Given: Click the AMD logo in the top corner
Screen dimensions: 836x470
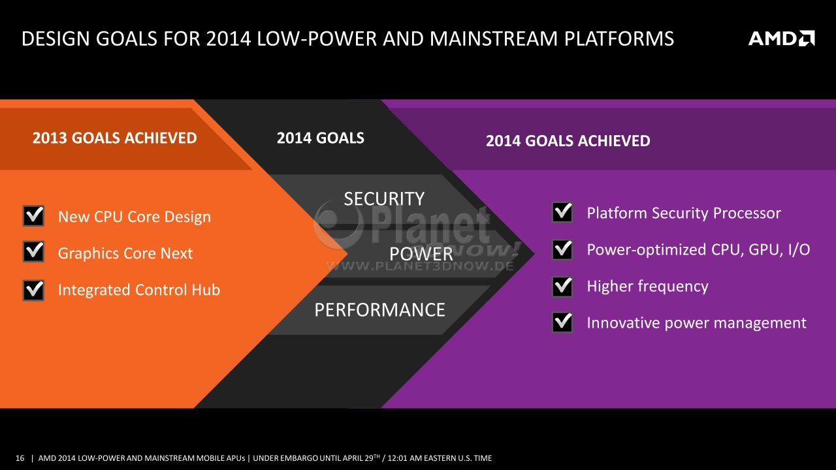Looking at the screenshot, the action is [x=782, y=39].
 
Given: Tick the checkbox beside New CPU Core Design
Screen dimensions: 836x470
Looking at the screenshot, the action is [x=33, y=215].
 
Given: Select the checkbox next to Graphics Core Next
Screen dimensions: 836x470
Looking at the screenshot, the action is [x=33, y=251].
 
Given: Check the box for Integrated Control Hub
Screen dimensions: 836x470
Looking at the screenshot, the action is [x=33, y=290].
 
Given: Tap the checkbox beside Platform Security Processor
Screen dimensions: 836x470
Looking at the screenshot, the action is [x=562, y=212].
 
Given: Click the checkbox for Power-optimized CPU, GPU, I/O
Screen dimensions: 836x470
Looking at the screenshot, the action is [x=562, y=249].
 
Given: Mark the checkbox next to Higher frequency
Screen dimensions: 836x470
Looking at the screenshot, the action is [x=562, y=286].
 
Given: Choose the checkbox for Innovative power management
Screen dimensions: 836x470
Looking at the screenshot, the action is [x=562, y=322].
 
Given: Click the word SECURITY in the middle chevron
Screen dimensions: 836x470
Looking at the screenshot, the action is [x=384, y=199].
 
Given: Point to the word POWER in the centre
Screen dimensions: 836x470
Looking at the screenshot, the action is [x=421, y=255].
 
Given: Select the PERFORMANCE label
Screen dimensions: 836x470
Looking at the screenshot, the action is [x=380, y=310].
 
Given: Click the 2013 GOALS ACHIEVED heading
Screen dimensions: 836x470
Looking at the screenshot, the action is [x=114, y=138].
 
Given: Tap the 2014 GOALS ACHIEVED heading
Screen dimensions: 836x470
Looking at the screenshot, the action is [x=568, y=141].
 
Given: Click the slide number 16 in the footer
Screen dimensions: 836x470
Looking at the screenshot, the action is [x=20, y=458].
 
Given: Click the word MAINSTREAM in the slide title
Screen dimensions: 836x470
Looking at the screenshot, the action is [x=493, y=39].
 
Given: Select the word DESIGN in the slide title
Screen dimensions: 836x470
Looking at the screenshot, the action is [x=56, y=39].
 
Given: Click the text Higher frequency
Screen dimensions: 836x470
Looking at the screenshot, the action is [x=647, y=287].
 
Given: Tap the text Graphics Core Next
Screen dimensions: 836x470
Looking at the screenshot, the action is [x=125, y=253].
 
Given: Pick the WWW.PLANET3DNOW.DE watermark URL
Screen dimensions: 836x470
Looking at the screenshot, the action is [x=420, y=266].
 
